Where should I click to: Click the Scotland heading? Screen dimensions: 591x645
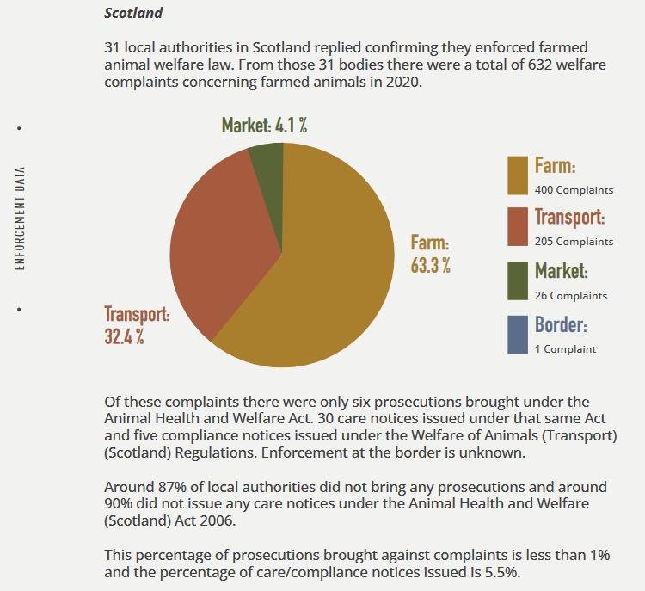(x=133, y=14)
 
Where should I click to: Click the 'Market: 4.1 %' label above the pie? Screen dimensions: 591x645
(x=264, y=126)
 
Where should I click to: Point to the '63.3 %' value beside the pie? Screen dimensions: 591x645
(x=430, y=265)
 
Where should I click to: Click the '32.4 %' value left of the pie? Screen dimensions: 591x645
(x=125, y=336)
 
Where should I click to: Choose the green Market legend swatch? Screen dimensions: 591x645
(x=518, y=280)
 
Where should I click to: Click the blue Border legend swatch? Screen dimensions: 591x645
(x=518, y=334)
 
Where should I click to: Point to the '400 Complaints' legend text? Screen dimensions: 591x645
(x=574, y=189)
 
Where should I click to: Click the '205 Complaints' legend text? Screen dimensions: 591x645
(x=574, y=242)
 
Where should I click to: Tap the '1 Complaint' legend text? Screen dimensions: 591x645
(x=565, y=348)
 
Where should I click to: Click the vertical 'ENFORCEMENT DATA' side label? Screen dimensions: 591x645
(x=20, y=218)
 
